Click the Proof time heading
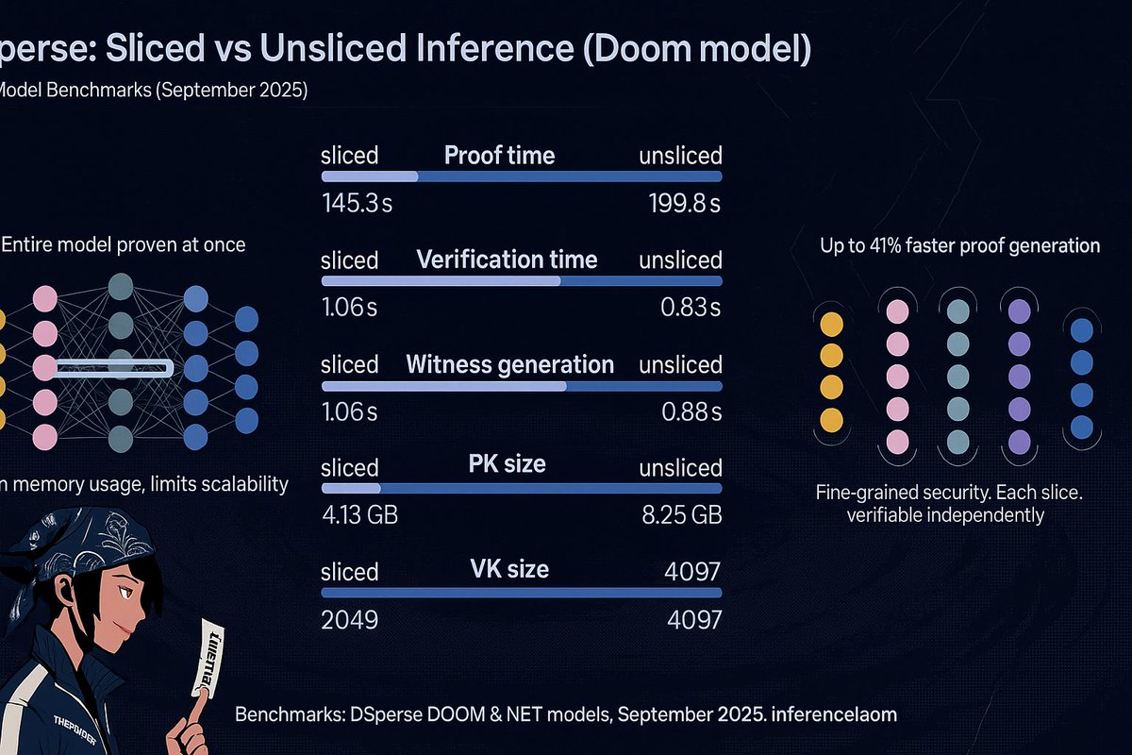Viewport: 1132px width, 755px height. click(500, 155)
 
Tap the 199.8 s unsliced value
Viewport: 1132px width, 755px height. click(685, 203)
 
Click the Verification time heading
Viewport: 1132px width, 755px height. click(507, 260)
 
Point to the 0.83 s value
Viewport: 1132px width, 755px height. click(691, 308)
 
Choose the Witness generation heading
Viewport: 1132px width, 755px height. click(509, 364)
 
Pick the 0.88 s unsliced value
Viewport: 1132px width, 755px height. click(691, 412)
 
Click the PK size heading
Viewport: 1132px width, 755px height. click(507, 464)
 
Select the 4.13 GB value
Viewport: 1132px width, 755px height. click(366, 515)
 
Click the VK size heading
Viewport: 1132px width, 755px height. click(509, 569)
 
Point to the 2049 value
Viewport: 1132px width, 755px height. click(349, 620)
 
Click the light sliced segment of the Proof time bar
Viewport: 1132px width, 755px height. click(370, 176)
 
